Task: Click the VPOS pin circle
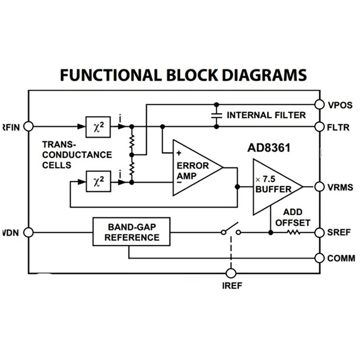[x=319, y=105]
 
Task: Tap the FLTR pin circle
[x=319, y=127]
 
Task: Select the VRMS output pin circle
[x=319, y=187]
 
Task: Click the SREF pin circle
[x=319, y=233]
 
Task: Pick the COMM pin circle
[x=319, y=258]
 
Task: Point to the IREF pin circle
[x=231, y=273]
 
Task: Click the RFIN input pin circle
[x=29, y=126]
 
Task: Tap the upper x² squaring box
[x=98, y=127]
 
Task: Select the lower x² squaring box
[x=99, y=181]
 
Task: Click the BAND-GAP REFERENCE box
[x=131, y=231]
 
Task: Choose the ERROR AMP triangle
[x=198, y=168]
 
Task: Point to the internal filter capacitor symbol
[x=216, y=116]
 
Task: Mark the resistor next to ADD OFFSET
[x=294, y=233]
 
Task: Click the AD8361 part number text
[x=269, y=148]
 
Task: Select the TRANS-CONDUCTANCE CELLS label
[x=77, y=155]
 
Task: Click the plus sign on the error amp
[x=179, y=153]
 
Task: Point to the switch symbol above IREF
[x=231, y=229]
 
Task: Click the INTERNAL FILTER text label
[x=266, y=115]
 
